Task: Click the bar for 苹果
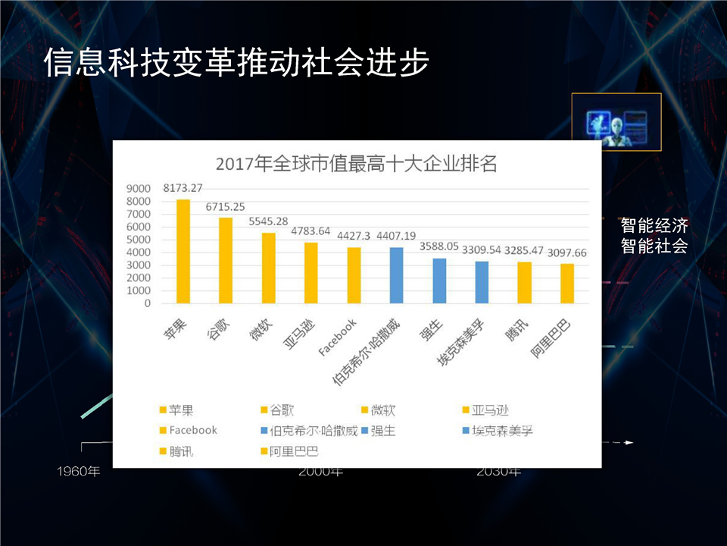tap(183, 251)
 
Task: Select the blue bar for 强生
tap(439, 281)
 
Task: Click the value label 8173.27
tap(183, 188)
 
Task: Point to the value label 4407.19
tap(397, 235)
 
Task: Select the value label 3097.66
tap(567, 252)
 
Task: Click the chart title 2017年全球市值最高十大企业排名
tap(356, 163)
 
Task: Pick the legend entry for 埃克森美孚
tap(503, 431)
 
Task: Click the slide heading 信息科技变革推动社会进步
tap(236, 63)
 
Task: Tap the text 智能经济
tap(654, 226)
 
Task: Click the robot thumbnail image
tap(616, 122)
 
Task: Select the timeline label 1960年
tap(79, 472)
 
